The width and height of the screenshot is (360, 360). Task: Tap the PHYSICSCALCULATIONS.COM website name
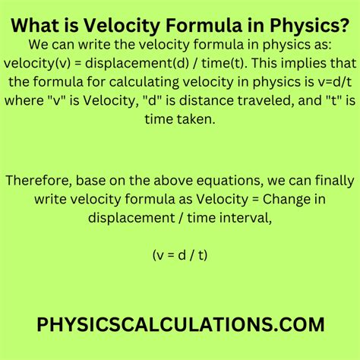pos(180,324)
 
